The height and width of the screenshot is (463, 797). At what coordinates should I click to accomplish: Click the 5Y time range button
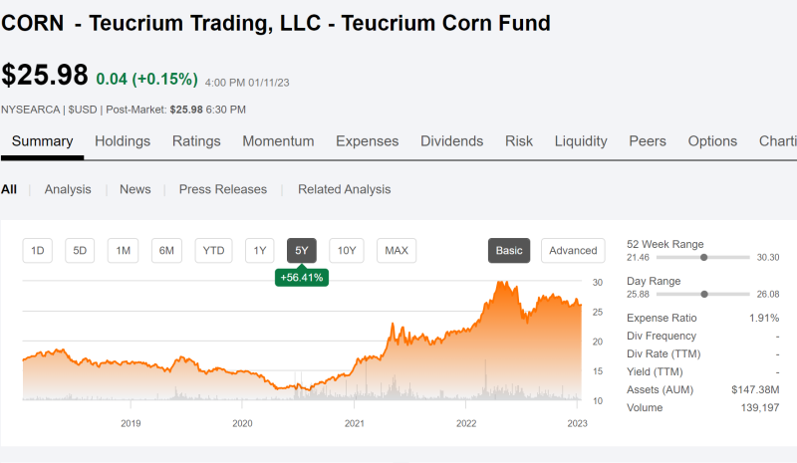(302, 251)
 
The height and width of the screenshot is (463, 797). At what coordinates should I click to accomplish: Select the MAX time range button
(397, 251)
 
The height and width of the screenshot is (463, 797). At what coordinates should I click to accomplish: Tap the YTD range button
(213, 251)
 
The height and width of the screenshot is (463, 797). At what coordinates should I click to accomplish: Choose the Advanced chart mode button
(573, 251)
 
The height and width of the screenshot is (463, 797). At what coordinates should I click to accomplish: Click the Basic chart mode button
(509, 251)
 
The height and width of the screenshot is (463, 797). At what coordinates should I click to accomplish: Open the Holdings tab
(123, 141)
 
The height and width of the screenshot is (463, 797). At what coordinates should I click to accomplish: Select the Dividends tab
(451, 141)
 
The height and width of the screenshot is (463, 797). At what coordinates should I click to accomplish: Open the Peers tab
(647, 141)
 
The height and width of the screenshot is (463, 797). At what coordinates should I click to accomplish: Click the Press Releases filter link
(222, 189)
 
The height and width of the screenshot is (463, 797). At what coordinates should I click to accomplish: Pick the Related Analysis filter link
(344, 189)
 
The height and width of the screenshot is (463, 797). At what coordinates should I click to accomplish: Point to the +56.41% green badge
(302, 278)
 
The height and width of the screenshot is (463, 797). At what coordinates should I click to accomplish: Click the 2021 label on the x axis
(355, 423)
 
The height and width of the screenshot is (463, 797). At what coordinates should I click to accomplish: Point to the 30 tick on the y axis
(597, 283)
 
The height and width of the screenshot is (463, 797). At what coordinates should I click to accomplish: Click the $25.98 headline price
(45, 75)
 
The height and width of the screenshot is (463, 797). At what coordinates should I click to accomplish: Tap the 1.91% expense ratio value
(764, 319)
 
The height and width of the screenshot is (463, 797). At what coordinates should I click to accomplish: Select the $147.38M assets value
(755, 389)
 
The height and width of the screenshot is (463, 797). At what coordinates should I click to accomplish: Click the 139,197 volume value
(760, 407)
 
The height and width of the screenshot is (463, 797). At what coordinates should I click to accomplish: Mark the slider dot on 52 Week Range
(704, 258)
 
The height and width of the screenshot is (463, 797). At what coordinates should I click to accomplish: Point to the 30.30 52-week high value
(767, 258)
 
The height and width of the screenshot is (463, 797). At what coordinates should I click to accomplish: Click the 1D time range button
(38, 251)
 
